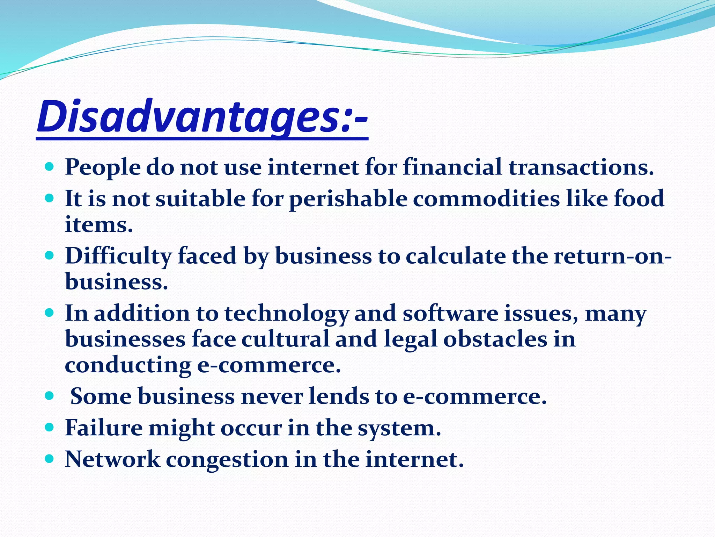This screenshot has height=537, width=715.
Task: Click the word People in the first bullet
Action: pyautogui.click(x=102, y=167)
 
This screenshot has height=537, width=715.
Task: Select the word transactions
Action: pyautogui.click(x=581, y=167)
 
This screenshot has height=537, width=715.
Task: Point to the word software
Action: pyautogui.click(x=450, y=313)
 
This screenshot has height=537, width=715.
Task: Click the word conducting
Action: pyautogui.click(x=128, y=365)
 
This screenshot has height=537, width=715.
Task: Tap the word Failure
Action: pyautogui.click(x=104, y=428)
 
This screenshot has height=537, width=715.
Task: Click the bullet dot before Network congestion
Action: pyautogui.click(x=50, y=458)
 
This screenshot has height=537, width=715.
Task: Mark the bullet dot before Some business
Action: pyautogui.click(x=50, y=396)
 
